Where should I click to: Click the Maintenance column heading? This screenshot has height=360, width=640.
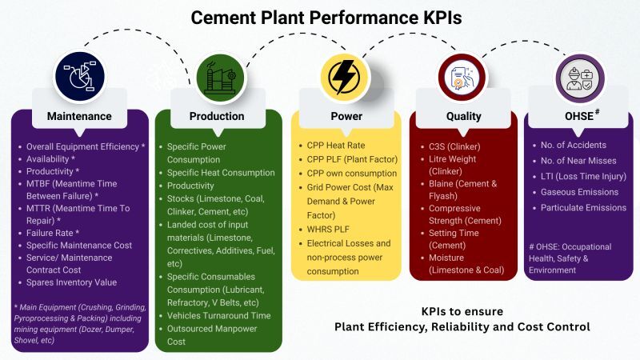coord(79,116)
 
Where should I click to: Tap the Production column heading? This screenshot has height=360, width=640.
coord(217,116)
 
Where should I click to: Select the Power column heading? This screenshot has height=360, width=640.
coord(346,116)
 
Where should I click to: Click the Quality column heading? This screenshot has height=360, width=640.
coord(463,116)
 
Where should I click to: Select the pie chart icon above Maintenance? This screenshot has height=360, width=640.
coord(79,77)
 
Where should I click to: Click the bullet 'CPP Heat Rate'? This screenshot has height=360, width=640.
coord(336,146)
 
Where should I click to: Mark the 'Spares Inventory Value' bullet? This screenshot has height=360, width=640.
coord(71,282)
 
